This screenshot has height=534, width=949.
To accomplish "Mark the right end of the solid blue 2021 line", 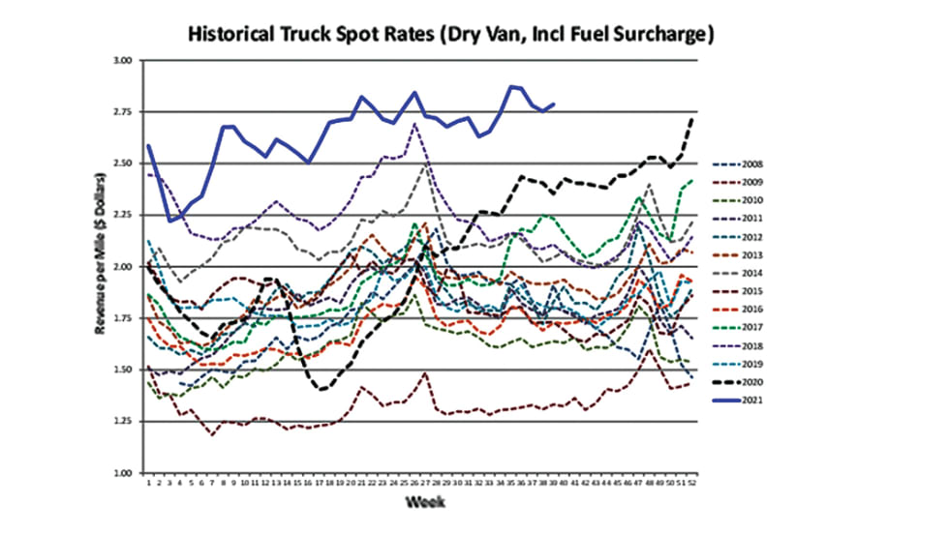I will [554, 104].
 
